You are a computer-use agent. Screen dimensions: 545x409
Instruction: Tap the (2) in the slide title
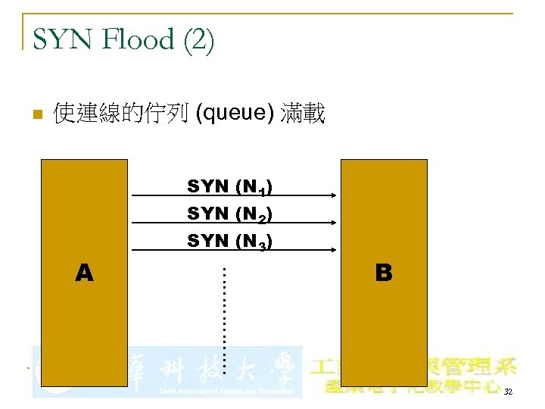(x=198, y=40)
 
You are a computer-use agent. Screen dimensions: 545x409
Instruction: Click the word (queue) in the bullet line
(x=235, y=114)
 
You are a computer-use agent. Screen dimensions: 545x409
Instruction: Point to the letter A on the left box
(x=85, y=273)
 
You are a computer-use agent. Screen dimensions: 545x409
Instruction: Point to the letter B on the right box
(x=384, y=273)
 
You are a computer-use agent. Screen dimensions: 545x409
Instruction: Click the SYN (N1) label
(x=230, y=186)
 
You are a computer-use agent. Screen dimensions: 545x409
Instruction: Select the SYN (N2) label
(x=230, y=214)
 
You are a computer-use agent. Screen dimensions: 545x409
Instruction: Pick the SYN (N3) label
(x=230, y=242)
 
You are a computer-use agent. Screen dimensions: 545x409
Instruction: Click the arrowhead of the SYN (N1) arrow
(x=333, y=195)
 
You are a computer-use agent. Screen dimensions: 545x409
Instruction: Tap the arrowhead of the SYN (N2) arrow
(x=333, y=223)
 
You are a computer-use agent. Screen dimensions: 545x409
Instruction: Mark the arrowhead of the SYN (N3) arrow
(x=333, y=251)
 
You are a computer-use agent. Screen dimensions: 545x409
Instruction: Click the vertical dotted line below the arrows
(x=224, y=311)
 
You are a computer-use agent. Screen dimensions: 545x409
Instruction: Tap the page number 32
(x=507, y=392)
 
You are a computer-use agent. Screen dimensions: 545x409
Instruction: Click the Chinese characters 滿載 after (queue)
(x=303, y=114)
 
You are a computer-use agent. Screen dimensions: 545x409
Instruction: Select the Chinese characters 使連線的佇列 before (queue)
(x=121, y=114)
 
